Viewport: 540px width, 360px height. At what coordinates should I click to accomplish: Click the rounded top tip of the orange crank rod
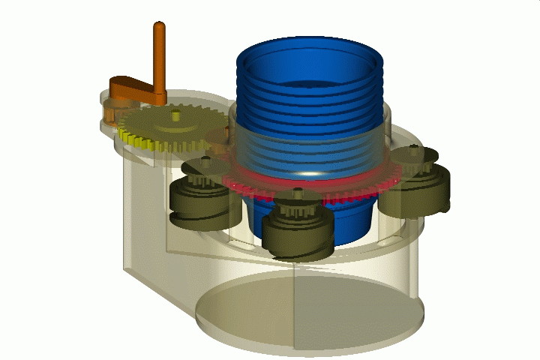pos(159,27)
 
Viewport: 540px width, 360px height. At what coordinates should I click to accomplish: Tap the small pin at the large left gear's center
pos(175,115)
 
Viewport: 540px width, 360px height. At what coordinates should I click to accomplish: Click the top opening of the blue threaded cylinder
pos(310,71)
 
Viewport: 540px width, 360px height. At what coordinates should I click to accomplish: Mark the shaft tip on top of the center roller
pos(299,193)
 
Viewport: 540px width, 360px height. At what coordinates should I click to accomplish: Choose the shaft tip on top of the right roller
pos(412,150)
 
